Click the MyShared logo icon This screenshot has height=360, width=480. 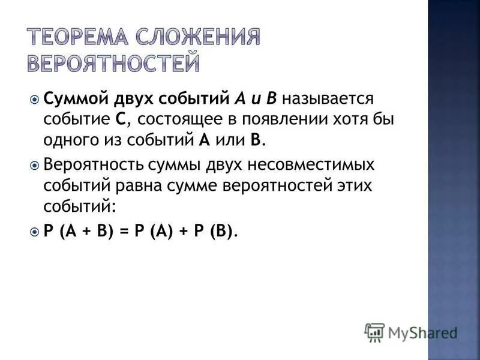[x=374, y=332]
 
